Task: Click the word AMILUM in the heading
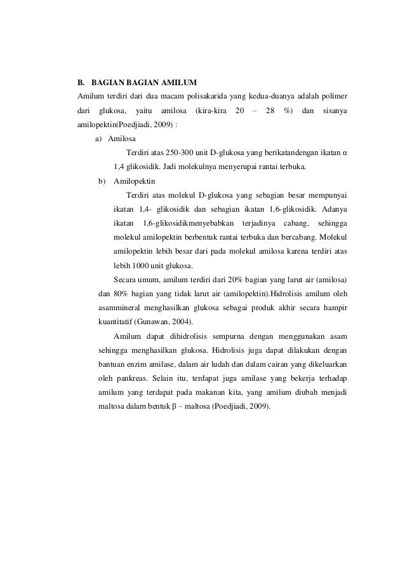click(181, 83)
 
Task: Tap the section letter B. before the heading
click(81, 83)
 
